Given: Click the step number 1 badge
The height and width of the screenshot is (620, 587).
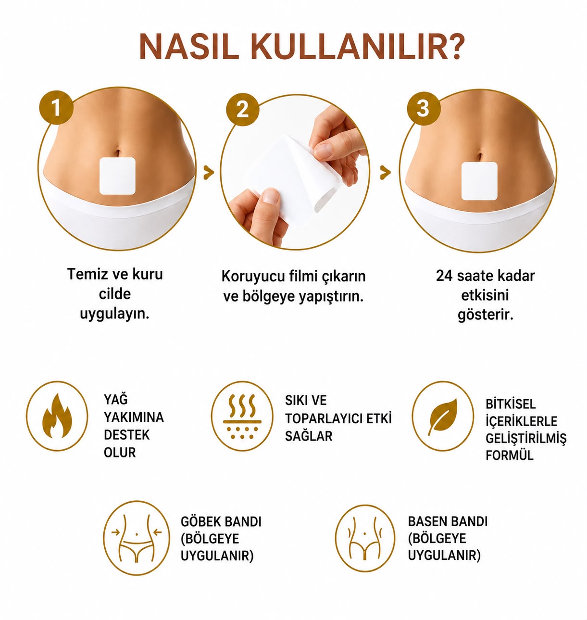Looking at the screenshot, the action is [x=56, y=108].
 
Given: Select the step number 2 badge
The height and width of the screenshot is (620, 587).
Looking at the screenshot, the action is [x=242, y=110].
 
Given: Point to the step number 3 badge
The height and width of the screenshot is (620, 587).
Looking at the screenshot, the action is [x=423, y=108].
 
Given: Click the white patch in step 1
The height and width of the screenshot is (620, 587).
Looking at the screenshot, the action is [x=117, y=176].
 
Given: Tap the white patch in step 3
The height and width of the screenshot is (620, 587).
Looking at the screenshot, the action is [x=479, y=181].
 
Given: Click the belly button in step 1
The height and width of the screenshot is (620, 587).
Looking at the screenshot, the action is [x=118, y=152].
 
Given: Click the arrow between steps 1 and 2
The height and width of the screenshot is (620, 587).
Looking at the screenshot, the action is [x=208, y=172].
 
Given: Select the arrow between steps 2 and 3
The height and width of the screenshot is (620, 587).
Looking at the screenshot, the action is [x=385, y=172].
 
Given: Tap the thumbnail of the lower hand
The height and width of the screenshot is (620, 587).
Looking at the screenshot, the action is [x=270, y=196].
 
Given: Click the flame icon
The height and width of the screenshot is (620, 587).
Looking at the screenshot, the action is [x=57, y=416].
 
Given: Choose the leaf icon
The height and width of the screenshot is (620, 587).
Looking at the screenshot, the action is [x=442, y=416].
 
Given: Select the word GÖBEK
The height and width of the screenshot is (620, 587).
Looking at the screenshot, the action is [x=200, y=521].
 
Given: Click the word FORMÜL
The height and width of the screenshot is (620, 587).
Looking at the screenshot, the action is [x=509, y=455].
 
